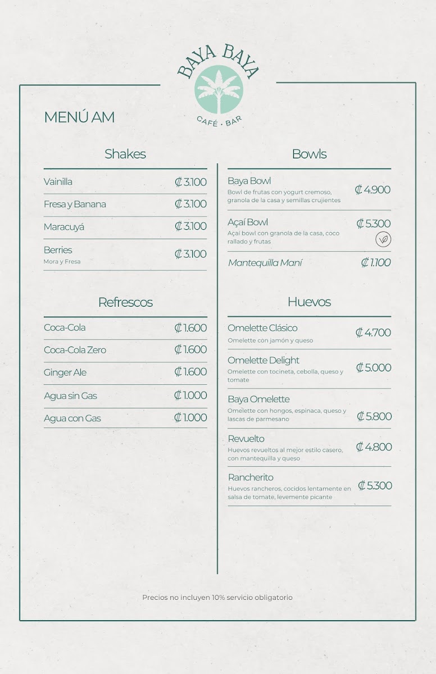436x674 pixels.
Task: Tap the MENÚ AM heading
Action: (79, 117)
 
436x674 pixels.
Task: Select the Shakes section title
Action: (125, 154)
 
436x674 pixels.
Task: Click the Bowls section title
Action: (309, 154)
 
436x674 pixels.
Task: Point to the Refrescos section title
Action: (125, 302)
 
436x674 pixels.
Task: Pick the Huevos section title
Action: (309, 302)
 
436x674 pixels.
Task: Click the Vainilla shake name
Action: (58, 181)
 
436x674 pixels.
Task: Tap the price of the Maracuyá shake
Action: (190, 226)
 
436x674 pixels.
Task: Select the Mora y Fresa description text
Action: (62, 262)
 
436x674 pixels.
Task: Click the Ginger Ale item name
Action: (65, 372)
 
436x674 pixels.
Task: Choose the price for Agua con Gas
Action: (190, 417)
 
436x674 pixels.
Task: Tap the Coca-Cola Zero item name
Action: (75, 350)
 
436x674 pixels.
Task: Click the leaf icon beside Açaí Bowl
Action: (383, 239)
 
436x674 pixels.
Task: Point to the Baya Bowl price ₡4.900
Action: (373, 190)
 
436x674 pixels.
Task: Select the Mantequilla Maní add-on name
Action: (265, 263)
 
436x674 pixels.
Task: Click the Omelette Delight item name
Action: (264, 360)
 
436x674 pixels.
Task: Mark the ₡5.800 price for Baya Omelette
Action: (374, 416)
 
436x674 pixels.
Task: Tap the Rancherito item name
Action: (251, 477)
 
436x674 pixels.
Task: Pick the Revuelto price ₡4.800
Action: (374, 447)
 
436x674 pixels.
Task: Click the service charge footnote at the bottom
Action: (217, 598)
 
